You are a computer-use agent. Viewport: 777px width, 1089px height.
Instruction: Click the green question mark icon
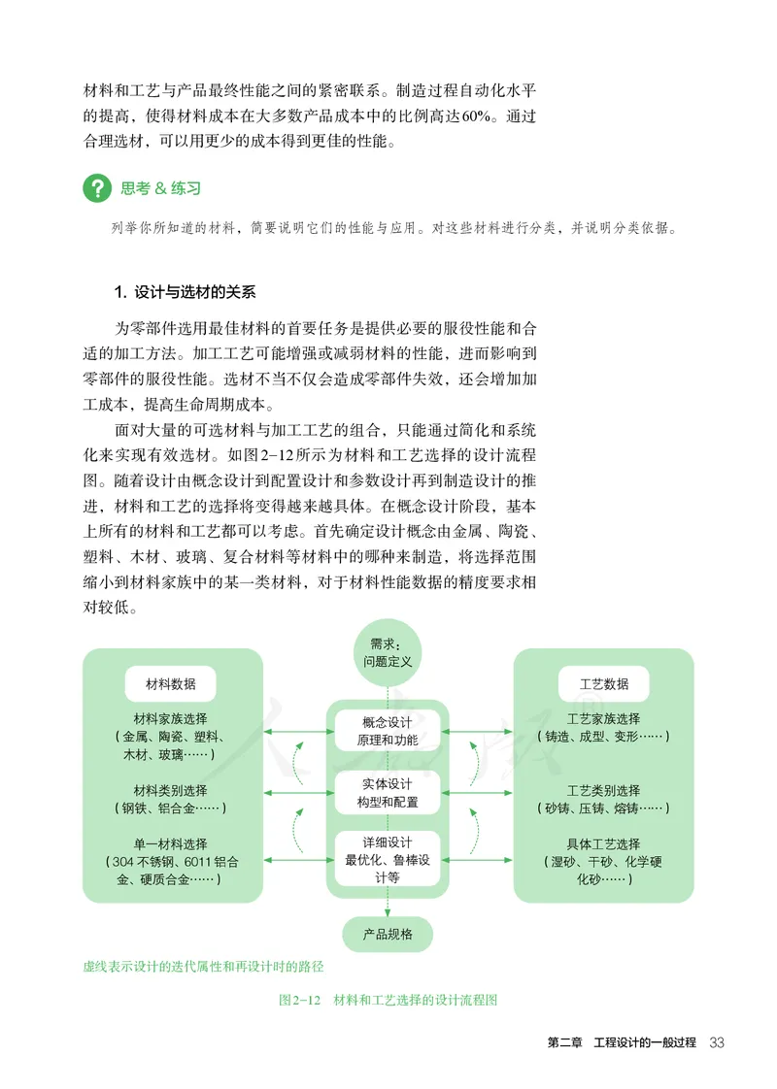pyautogui.click(x=97, y=188)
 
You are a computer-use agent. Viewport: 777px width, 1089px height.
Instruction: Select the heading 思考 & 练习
pyautogui.click(x=160, y=188)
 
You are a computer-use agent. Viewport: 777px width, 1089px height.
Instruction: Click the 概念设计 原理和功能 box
pyautogui.click(x=387, y=731)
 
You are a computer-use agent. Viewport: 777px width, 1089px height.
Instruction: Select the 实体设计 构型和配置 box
pyautogui.click(x=387, y=793)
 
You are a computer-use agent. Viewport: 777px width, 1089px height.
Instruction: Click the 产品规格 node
pyautogui.click(x=387, y=934)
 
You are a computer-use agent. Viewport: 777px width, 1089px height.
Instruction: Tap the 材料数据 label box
pyautogui.click(x=170, y=683)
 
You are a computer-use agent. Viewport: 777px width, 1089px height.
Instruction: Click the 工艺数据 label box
pyautogui.click(x=603, y=683)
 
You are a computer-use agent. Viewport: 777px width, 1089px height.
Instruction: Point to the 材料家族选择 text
pyautogui.click(x=170, y=719)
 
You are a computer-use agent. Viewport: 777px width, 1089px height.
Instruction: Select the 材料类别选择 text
pyautogui.click(x=170, y=790)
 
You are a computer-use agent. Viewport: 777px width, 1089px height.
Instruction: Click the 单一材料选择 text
pyautogui.click(x=170, y=843)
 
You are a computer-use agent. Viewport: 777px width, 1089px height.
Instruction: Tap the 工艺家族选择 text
pyautogui.click(x=603, y=719)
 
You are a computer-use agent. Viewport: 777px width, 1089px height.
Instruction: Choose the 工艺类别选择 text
pyautogui.click(x=603, y=790)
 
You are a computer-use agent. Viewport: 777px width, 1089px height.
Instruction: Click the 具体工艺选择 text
pyautogui.click(x=603, y=843)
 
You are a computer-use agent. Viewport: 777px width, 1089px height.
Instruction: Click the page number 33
pyautogui.click(x=717, y=1042)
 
